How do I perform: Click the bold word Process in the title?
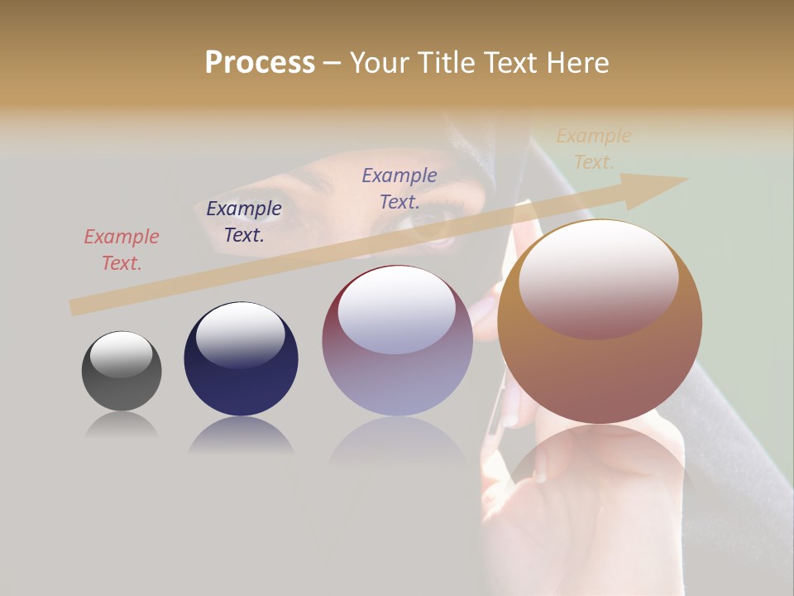260,62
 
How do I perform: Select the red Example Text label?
122,250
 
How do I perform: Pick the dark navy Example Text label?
244,222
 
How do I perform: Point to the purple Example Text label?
399,188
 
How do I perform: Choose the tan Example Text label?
594,149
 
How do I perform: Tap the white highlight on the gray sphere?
122,353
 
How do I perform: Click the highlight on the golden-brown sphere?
598,277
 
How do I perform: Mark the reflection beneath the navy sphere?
241,436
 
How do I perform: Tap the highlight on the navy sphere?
240,334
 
